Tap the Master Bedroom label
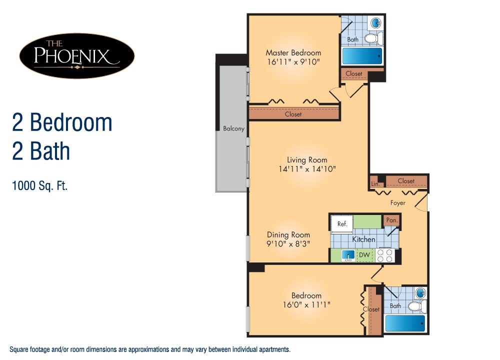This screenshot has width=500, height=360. click(293, 52)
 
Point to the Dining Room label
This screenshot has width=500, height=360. click(288, 234)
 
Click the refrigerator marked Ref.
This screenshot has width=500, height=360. click(342, 224)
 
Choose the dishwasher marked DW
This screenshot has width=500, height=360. click(364, 255)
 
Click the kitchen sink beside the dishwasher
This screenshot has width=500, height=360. click(348, 255)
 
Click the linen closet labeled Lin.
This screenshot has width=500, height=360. click(374, 183)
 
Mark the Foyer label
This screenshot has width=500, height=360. click(398, 202)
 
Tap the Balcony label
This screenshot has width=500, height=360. click(233, 128)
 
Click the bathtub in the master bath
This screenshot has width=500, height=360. click(362, 55)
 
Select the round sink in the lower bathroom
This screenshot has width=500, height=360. click(421, 292)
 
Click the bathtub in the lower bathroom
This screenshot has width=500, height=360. click(405, 323)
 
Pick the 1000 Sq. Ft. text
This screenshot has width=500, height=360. click(39, 186)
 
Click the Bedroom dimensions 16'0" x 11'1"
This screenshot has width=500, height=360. click(307, 304)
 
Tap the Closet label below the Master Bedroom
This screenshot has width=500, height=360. click(293, 114)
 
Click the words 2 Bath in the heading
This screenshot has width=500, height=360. click(41, 151)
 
